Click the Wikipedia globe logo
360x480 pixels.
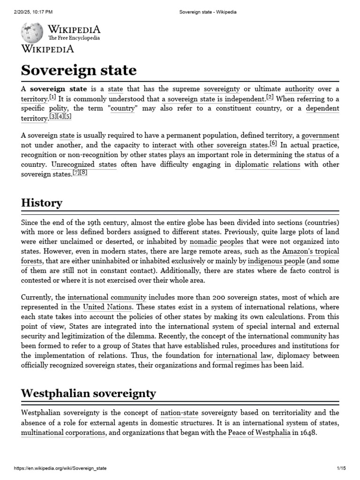[x=32, y=32]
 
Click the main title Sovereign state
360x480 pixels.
[x=79, y=70]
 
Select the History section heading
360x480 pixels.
[x=42, y=203]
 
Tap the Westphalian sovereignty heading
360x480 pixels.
[x=88, y=393]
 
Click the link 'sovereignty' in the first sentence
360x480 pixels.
[x=222, y=89]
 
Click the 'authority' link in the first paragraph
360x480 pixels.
[x=299, y=89]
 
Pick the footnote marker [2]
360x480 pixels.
[x=270, y=97]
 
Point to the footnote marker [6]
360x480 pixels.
[x=273, y=144]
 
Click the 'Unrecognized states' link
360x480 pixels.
[x=83, y=165]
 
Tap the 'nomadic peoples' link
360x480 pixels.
[x=216, y=241]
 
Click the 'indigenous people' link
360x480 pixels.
[x=276, y=261]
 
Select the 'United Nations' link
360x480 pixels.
[x=107, y=307]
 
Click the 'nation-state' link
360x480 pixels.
[x=180, y=413]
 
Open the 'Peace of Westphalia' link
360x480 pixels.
[x=259, y=433]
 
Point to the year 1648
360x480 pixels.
[x=309, y=433]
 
